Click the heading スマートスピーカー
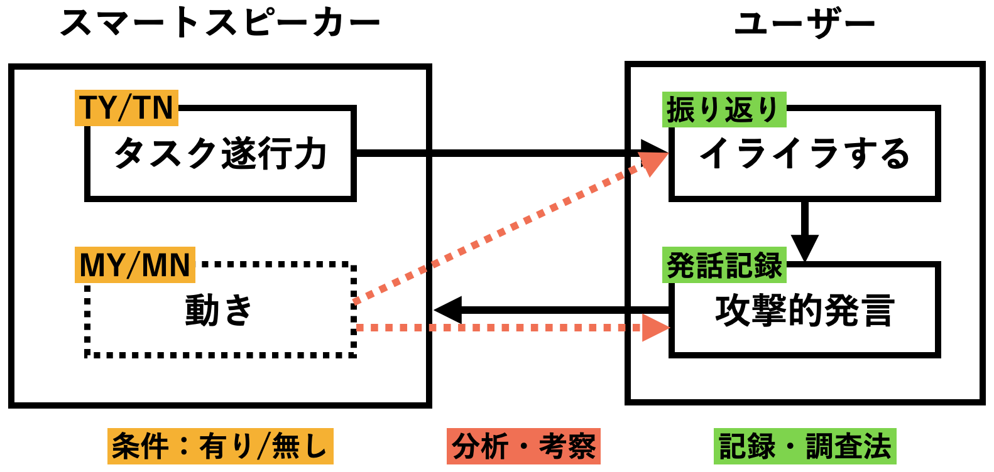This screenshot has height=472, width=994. (220, 23)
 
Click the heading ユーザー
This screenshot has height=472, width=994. (804, 24)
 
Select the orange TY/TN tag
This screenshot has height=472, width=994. (126, 108)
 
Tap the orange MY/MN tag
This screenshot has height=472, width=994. (135, 265)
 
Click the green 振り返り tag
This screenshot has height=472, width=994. (723, 110)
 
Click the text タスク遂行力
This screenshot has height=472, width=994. (220, 154)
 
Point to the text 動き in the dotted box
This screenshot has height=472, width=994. (219, 310)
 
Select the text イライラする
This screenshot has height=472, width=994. (804, 154)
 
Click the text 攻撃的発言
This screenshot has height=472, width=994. (804, 310)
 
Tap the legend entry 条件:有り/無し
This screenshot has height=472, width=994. (220, 446)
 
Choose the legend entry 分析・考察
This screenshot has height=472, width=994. (523, 446)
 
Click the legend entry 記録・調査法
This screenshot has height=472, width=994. (805, 446)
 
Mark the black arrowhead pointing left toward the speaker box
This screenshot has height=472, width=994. (447, 309)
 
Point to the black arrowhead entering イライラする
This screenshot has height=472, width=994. (655, 153)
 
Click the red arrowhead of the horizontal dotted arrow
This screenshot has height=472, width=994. (656, 328)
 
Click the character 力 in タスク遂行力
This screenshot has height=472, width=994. (311, 154)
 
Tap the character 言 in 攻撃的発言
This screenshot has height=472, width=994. (877, 310)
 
